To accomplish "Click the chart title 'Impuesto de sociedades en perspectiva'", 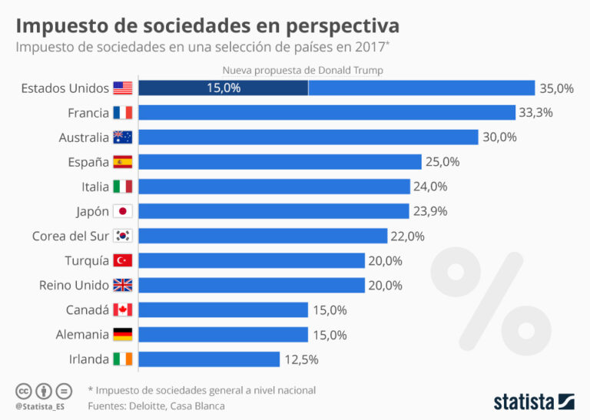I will (207, 25).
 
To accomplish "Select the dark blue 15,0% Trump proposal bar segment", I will (224, 88).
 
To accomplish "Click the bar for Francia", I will (326, 113).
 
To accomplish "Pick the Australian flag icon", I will (122, 137).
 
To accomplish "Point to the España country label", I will (88, 162).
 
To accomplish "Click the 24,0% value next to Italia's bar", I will (430, 187).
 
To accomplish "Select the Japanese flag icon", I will (122, 211).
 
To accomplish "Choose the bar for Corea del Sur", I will (262, 236).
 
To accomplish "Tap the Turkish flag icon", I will (122, 260).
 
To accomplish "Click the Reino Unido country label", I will (75, 285).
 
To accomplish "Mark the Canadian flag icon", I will (122, 309).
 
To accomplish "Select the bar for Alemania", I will (223, 334).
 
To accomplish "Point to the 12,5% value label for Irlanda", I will (300, 359).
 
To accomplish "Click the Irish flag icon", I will (122, 359).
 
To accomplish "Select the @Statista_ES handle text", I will (39, 405).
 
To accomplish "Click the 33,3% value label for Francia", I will (536, 113).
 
